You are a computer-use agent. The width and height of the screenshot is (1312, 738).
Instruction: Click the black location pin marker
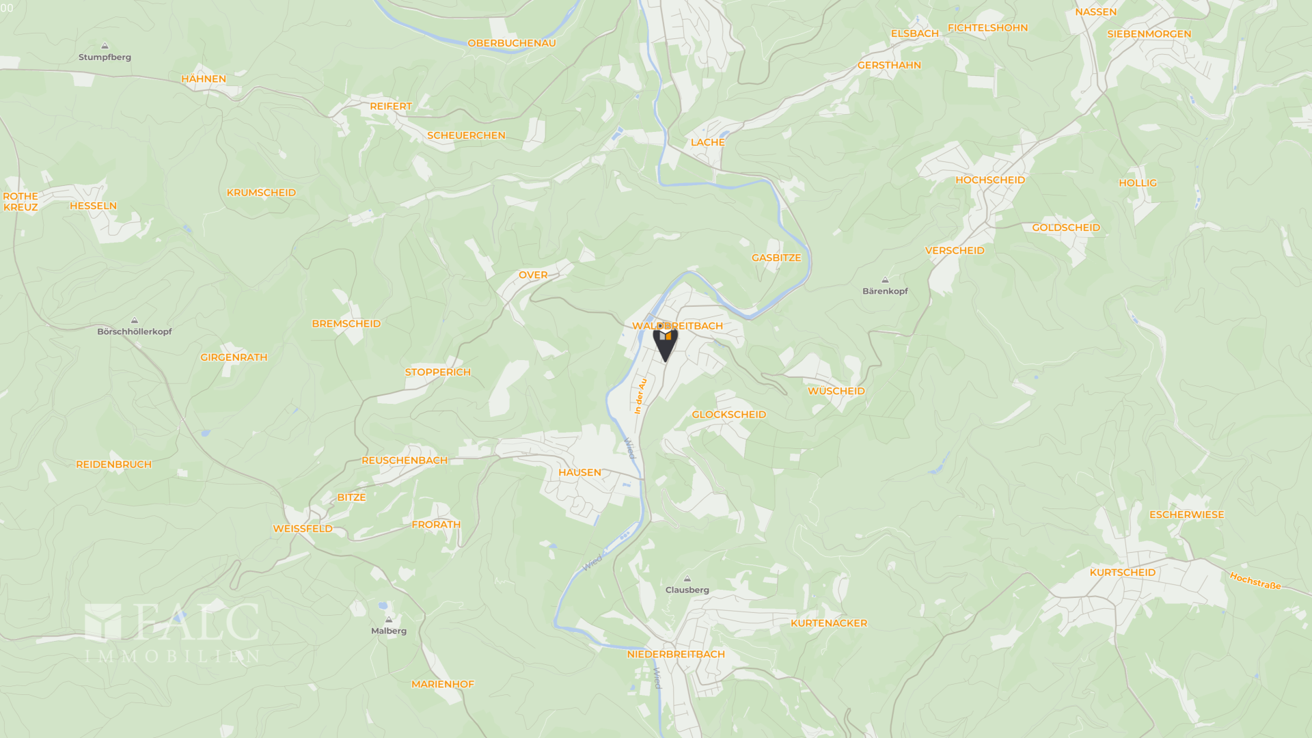[665, 342]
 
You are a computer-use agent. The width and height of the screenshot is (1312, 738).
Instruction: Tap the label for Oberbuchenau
[511, 43]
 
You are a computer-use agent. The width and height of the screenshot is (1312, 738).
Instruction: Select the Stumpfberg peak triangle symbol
[105, 46]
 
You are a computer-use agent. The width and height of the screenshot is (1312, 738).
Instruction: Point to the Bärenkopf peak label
[885, 291]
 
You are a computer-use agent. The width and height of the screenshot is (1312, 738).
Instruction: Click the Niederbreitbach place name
[676, 654]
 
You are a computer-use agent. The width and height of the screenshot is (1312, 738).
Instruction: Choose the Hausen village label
[579, 472]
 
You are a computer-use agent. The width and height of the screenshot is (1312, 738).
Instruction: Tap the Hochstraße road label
[1255, 581]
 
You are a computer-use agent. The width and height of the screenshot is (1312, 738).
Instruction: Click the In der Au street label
[640, 396]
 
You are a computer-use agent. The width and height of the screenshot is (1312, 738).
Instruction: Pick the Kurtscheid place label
[1122, 573]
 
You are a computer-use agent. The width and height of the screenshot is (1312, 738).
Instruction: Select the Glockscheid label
[728, 415]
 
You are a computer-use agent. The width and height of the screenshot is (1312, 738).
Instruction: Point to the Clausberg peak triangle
[687, 579]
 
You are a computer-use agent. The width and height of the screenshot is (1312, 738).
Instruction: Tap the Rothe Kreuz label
[20, 202]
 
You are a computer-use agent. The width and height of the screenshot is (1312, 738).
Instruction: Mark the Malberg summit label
[389, 631]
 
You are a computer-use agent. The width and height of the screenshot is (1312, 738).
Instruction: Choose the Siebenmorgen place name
[1149, 34]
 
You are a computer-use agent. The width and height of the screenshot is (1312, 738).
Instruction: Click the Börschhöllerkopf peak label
[135, 331]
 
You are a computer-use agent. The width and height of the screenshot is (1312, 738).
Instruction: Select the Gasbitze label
[776, 258]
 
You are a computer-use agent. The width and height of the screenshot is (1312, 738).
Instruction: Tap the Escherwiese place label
[1186, 515]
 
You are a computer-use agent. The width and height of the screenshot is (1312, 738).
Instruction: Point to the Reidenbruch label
[113, 465]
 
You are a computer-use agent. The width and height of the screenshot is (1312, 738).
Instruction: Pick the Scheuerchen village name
[466, 135]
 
